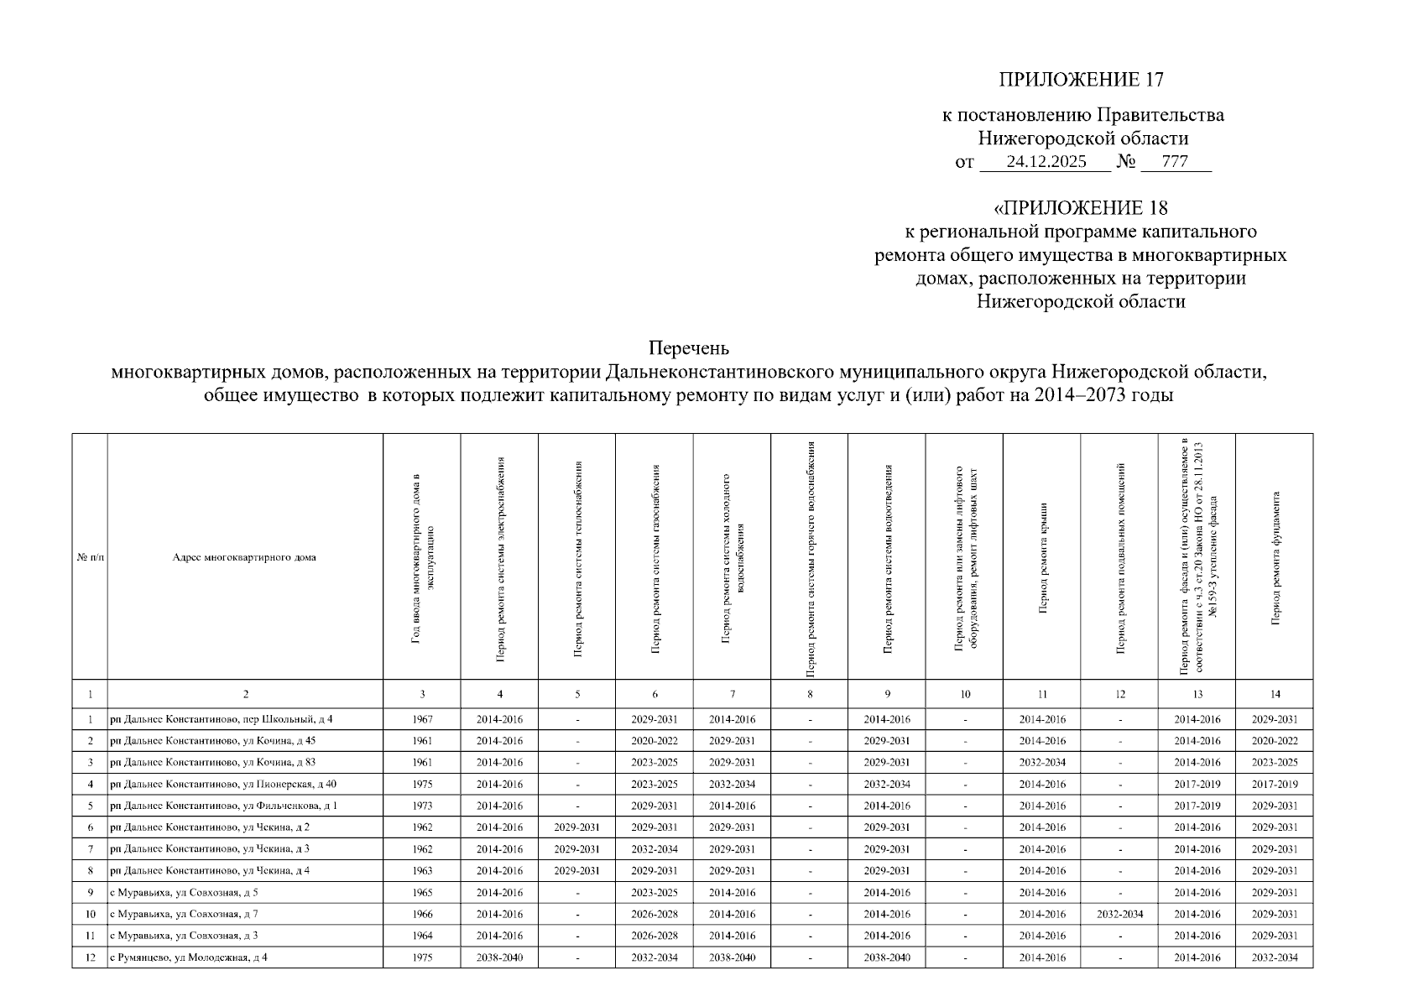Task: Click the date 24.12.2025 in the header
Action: [x=1046, y=162]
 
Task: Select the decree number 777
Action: [x=1175, y=162]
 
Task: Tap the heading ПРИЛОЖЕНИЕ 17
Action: [x=1081, y=81]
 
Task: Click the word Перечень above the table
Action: [x=688, y=347]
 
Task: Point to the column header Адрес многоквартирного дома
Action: [x=244, y=557]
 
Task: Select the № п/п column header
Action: [x=90, y=557]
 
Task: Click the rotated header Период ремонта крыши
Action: [x=1042, y=557]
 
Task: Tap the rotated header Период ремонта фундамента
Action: [x=1275, y=557]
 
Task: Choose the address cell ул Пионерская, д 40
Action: [x=223, y=785]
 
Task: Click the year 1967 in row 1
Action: [x=422, y=720]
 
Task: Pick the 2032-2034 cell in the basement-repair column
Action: [x=1119, y=915]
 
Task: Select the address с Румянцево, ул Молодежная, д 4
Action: [x=189, y=957]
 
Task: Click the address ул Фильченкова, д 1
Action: [x=223, y=806]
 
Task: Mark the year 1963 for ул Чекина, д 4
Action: [x=422, y=871]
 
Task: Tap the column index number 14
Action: [x=1275, y=694]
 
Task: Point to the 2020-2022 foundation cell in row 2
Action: [x=1275, y=741]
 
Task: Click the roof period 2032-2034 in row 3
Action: [x=1042, y=763]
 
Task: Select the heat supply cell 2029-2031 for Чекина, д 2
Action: [x=577, y=827]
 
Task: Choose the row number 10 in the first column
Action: [x=90, y=915]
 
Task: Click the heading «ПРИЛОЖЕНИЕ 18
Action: [x=1081, y=208]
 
